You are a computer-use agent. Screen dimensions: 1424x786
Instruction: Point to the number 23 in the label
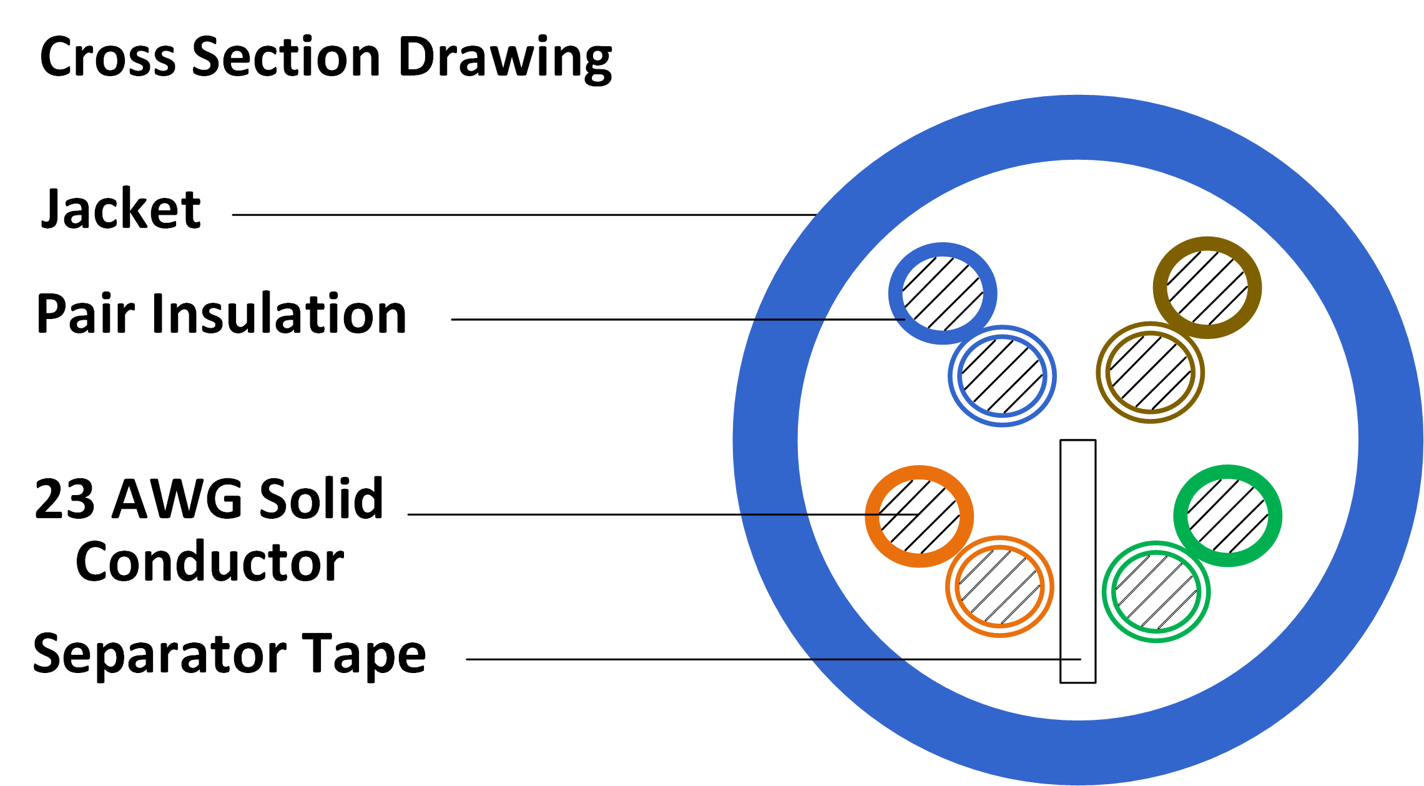[65, 499]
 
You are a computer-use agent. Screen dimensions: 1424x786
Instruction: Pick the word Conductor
[210, 561]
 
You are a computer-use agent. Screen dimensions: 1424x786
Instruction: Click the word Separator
[159, 654]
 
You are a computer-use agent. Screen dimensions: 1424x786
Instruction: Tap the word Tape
[365, 654]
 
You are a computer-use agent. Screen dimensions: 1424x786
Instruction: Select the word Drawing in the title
[505, 58]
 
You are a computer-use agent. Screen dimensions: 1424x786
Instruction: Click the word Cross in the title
[108, 57]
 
